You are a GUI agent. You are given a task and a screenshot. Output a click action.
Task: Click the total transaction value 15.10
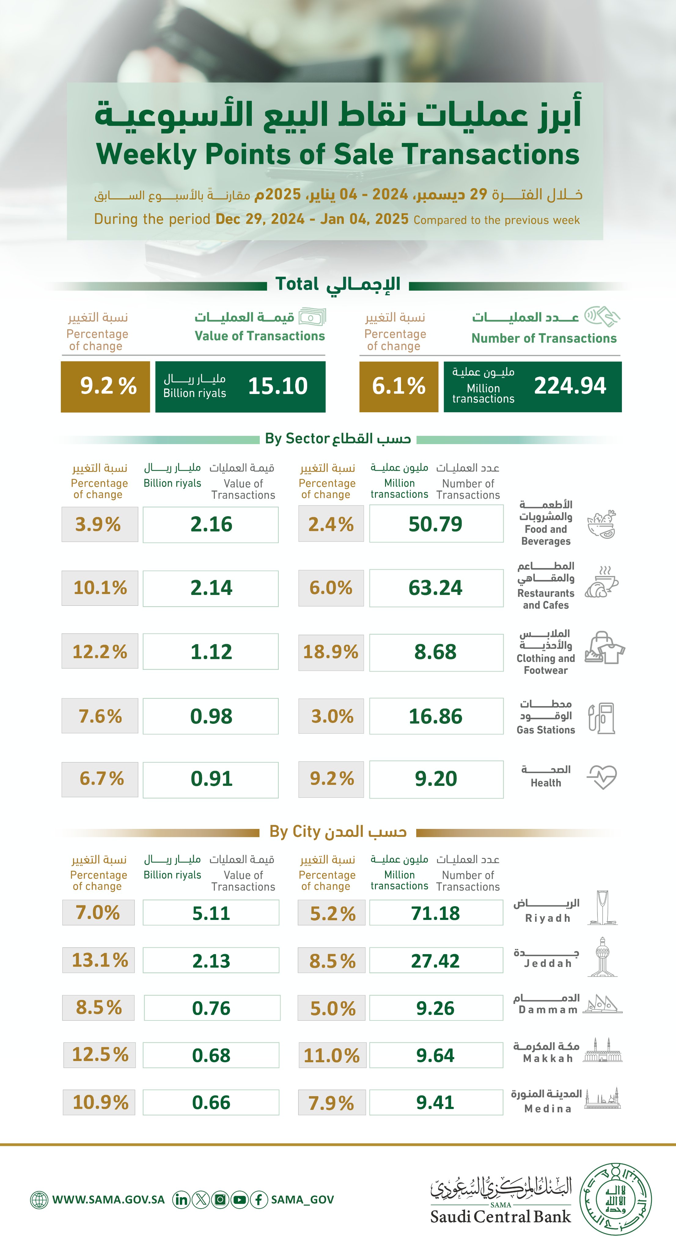pos(277,386)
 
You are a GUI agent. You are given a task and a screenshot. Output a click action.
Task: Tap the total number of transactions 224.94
pos(570,386)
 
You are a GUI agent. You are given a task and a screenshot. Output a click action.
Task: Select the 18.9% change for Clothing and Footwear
pos(331,652)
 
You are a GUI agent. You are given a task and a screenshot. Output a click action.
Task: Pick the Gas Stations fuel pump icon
pos(602,718)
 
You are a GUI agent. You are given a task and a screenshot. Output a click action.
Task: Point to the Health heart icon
pos(602,777)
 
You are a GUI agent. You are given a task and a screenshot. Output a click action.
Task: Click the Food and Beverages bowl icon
pos(602,524)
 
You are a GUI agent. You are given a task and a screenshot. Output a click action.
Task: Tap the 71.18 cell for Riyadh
pos(436,913)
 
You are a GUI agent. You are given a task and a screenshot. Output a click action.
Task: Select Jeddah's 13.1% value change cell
pos(100,960)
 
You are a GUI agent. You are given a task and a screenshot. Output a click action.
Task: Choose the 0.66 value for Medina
pos(211,1102)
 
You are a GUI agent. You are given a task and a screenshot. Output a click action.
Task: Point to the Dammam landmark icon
pos(603,1004)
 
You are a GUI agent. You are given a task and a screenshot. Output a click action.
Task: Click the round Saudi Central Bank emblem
pos(616,1199)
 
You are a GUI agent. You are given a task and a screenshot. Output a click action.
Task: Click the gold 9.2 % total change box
pos(105,386)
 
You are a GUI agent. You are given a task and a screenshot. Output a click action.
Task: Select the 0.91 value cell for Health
pos(211,779)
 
